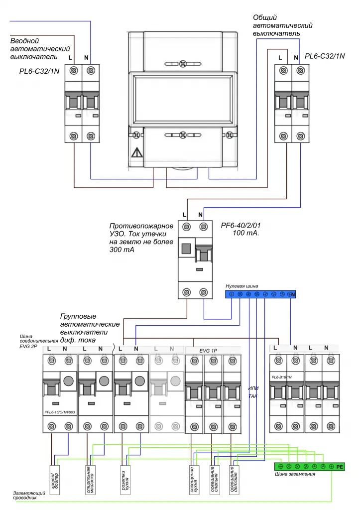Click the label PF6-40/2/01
tap(241, 226)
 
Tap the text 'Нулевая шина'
tap(242, 285)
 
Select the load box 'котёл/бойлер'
tap(55, 480)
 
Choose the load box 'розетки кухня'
tap(125, 480)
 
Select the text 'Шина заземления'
tap(295, 474)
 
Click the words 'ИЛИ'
tap(253, 388)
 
